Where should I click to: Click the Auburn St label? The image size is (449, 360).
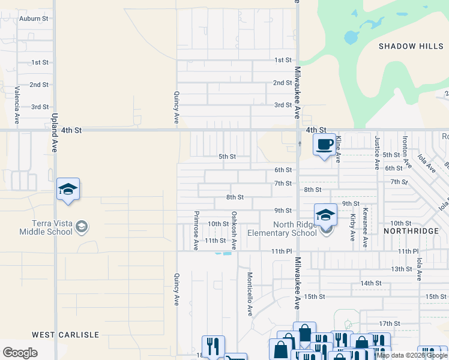[34, 19]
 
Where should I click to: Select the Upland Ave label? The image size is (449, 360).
[54, 133]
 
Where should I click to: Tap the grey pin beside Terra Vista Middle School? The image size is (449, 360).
[83, 227]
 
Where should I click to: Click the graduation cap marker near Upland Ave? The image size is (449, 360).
[68, 190]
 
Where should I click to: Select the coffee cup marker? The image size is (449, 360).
[325, 145]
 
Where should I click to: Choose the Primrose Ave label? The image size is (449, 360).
[196, 230]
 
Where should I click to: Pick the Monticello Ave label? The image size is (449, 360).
[249, 294]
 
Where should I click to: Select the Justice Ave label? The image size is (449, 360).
[377, 152]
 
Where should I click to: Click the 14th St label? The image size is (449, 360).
[371, 283]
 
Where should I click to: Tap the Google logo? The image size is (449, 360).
[20, 353]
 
